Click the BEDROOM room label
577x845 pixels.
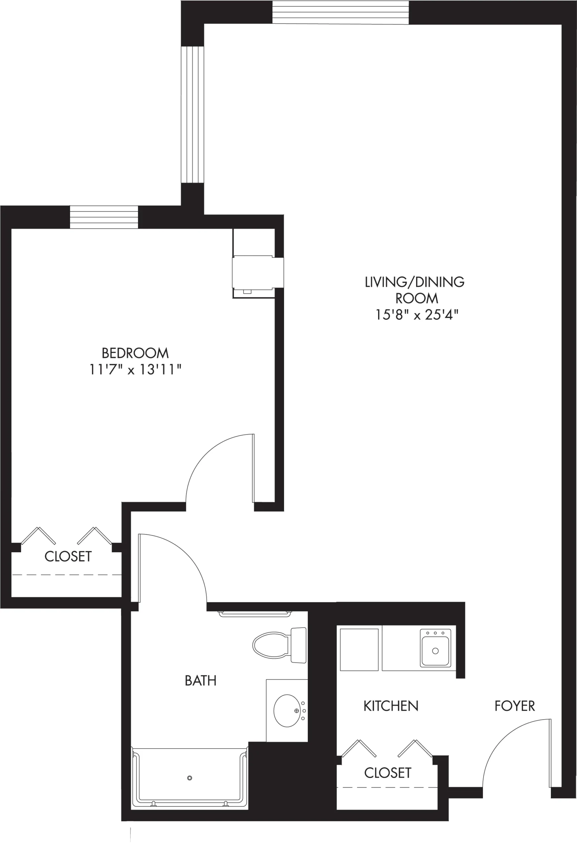pyautogui.click(x=135, y=353)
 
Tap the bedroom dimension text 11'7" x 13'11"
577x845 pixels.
pyautogui.click(x=135, y=370)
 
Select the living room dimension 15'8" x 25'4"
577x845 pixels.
pyautogui.click(x=416, y=315)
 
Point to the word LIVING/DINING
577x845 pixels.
pyautogui.click(x=415, y=282)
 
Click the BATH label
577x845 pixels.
pyautogui.click(x=200, y=680)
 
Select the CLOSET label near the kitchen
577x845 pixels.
pyautogui.click(x=388, y=773)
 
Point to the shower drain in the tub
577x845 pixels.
pyautogui.click(x=190, y=778)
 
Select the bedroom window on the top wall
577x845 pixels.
pyautogui.click(x=104, y=217)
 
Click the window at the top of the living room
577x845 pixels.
pyautogui.click(x=341, y=12)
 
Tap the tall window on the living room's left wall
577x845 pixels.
pyautogui.click(x=193, y=115)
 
